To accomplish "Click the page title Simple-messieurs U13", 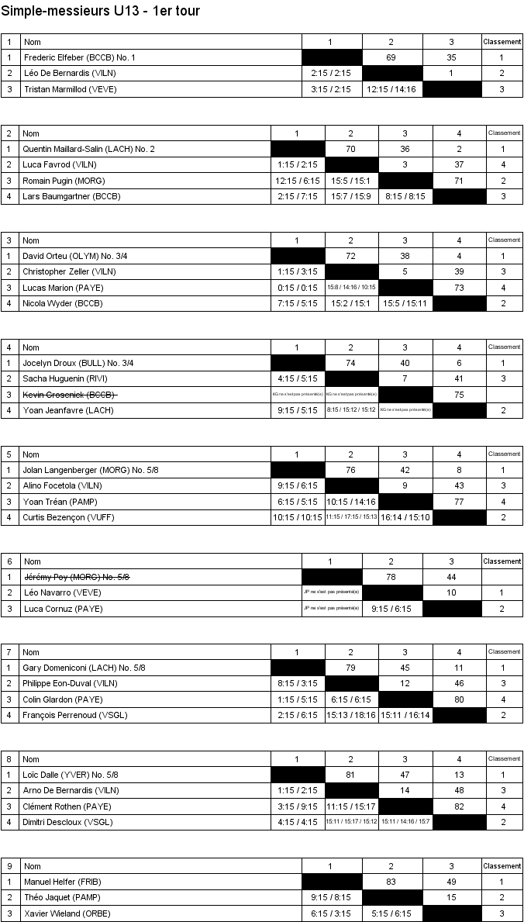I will point(101,11).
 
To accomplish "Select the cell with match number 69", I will point(391,57).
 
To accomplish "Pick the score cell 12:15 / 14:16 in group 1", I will point(391,89).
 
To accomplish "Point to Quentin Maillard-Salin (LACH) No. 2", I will point(88,149).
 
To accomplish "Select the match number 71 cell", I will point(459,181).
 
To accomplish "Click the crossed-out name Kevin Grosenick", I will point(70,395).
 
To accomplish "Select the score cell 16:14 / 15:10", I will point(405,517).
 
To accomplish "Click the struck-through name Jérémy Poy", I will point(77,577).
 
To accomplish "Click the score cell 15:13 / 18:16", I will point(351,715).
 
